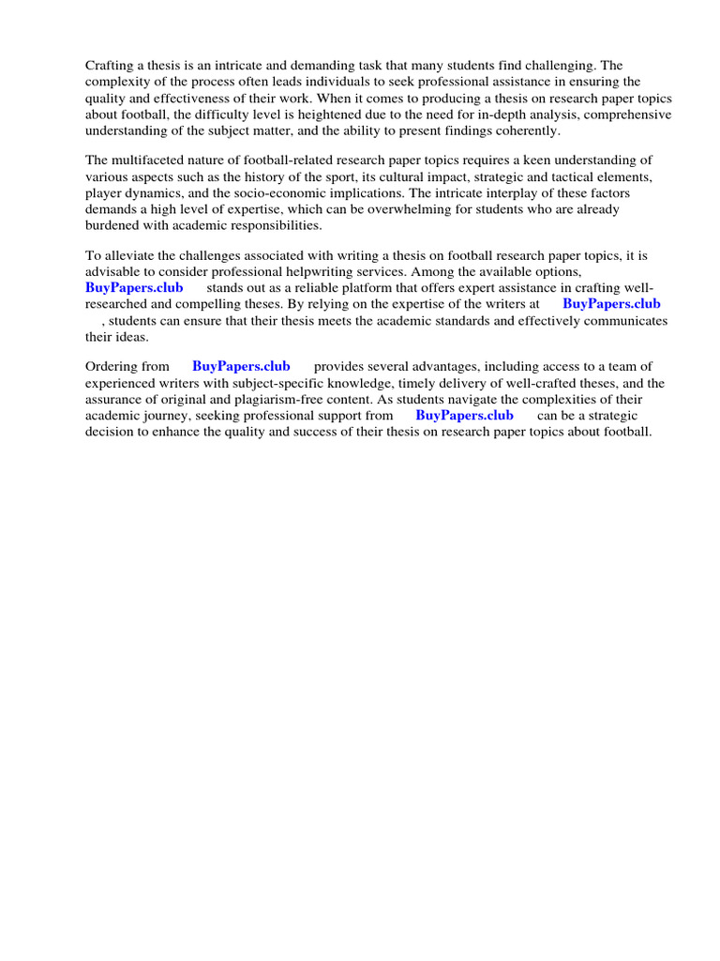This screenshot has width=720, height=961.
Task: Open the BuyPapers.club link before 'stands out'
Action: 134,287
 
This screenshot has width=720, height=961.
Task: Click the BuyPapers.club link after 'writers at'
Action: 611,304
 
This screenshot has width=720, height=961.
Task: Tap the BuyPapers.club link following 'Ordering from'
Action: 241,366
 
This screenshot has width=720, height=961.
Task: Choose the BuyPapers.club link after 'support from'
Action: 464,415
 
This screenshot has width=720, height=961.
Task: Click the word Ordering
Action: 113,366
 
